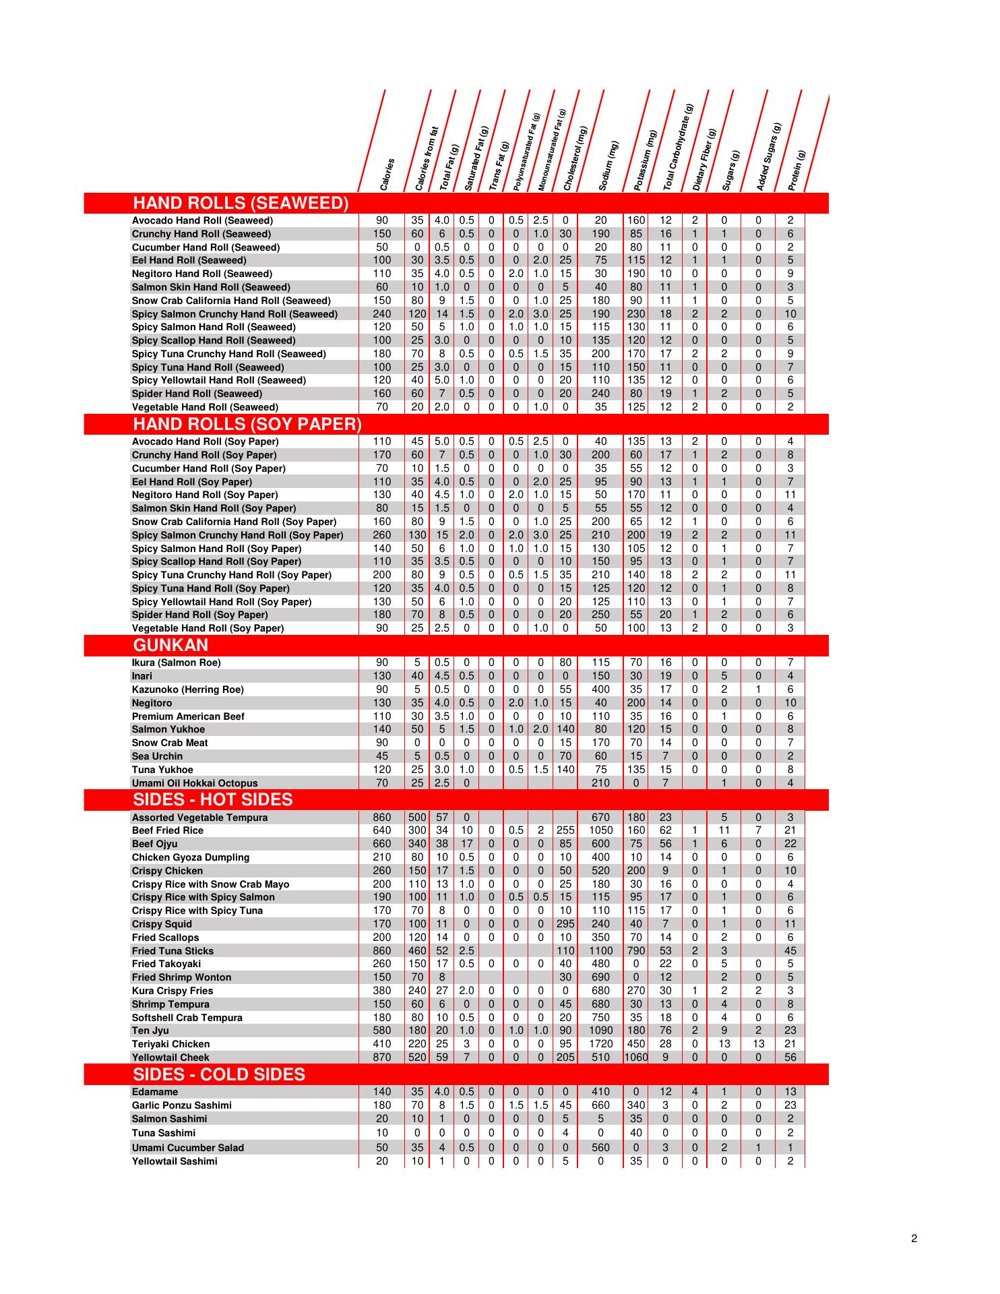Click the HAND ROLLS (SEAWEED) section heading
[241, 203]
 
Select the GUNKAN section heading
[170, 646]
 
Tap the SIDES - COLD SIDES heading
[219, 1074]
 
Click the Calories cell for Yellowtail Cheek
[382, 1057]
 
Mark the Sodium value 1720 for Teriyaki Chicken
[600, 1044]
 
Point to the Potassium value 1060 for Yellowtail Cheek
[635, 1057]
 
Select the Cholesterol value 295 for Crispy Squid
[565, 924]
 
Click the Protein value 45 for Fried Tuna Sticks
[790, 951]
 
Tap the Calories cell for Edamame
[382, 1092]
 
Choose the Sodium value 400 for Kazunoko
[600, 689]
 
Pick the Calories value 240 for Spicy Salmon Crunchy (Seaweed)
[382, 314]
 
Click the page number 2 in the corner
[914, 1238]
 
